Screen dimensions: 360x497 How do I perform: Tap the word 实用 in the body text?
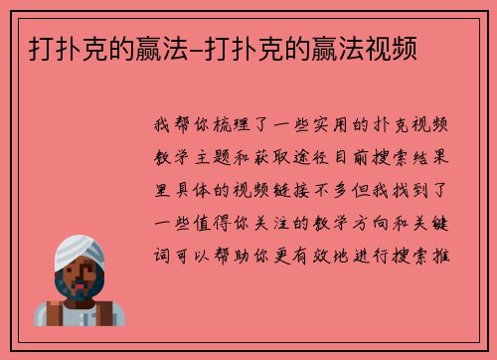point(337,126)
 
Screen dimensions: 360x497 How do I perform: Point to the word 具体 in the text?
point(189,184)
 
